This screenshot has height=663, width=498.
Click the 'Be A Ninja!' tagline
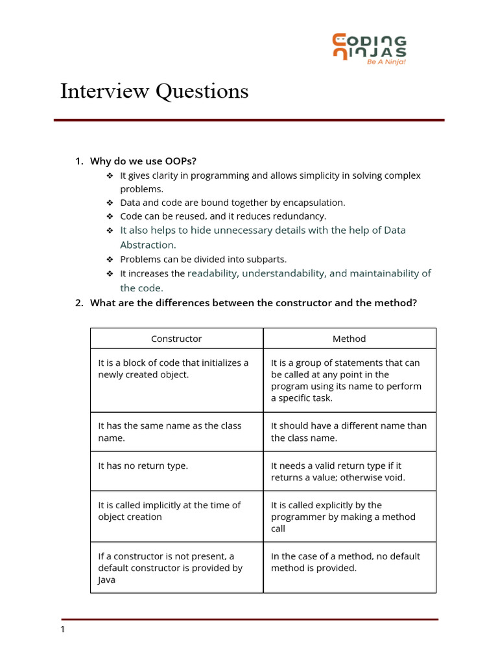click(386, 63)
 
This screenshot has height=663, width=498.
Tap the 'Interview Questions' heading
click(154, 91)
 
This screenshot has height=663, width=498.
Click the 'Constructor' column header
click(176, 339)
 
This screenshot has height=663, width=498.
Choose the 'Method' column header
click(350, 339)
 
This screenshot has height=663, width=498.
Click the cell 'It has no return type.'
click(143, 466)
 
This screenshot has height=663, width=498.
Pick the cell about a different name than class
click(349, 432)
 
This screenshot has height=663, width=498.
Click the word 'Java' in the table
click(107, 580)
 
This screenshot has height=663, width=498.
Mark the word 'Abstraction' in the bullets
click(147, 245)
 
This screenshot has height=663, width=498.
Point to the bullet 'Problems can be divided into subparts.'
click(203, 259)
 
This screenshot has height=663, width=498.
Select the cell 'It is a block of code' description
click(173, 368)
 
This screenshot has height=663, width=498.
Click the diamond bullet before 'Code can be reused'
click(110, 216)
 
